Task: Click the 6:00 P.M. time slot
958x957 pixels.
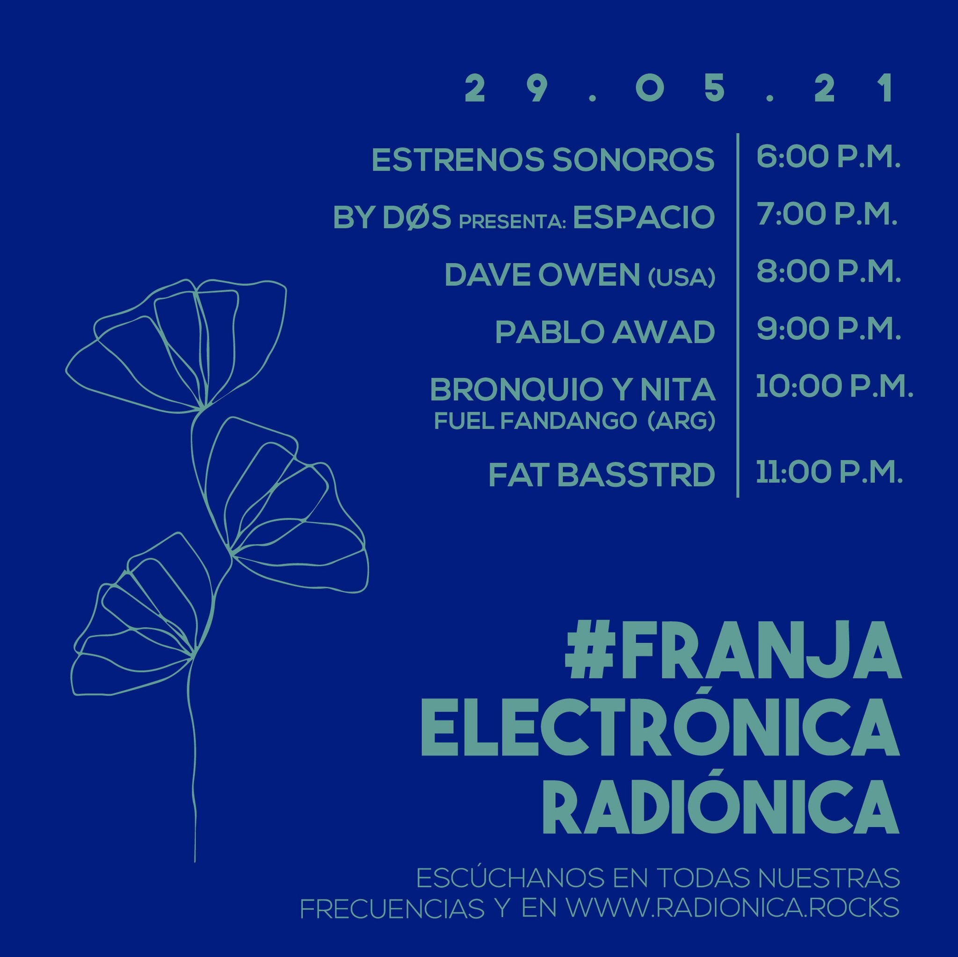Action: (828, 157)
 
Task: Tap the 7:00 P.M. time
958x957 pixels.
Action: (827, 214)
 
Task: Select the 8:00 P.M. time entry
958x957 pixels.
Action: (828, 272)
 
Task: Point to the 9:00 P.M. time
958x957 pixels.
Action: (828, 329)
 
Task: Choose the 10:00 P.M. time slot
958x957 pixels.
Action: (834, 386)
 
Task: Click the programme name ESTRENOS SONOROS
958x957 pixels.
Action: (543, 159)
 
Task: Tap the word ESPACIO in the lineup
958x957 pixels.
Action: (644, 217)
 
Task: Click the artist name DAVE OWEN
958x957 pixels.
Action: (543, 274)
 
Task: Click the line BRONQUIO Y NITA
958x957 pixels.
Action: (573, 389)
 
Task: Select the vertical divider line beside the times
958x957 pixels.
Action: (738, 315)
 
